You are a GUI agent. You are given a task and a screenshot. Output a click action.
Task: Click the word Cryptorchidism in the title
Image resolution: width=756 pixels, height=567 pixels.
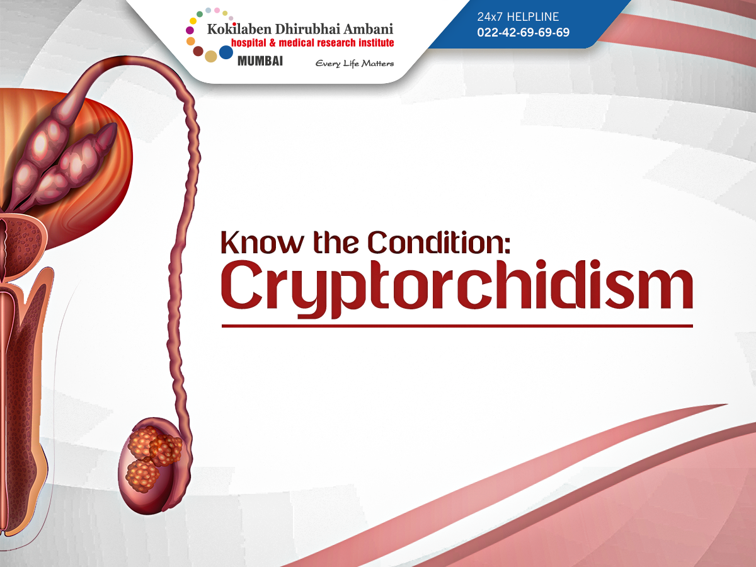[x=457, y=289]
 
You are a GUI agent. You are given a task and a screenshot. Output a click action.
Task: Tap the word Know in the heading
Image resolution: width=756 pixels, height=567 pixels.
[x=262, y=243]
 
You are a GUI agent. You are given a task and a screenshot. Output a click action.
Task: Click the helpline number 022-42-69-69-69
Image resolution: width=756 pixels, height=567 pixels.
[x=523, y=32]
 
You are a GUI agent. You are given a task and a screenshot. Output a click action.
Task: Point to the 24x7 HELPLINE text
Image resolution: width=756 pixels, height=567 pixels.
[x=518, y=16]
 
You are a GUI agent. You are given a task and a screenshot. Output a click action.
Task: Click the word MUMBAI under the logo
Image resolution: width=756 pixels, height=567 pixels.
[x=260, y=61]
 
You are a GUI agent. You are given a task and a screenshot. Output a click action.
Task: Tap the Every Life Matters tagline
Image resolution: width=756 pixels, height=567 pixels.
[x=355, y=64]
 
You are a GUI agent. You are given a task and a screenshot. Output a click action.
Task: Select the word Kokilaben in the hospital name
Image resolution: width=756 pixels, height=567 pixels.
[x=239, y=29]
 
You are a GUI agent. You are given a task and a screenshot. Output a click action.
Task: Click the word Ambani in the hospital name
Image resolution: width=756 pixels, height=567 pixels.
[x=368, y=29]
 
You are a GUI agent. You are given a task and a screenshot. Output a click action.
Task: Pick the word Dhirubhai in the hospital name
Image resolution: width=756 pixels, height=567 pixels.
[x=307, y=29]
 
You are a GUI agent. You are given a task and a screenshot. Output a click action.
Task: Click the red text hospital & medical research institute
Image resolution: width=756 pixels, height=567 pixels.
[x=312, y=43]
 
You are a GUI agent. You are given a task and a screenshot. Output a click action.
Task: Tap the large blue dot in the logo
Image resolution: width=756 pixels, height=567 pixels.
[x=226, y=52]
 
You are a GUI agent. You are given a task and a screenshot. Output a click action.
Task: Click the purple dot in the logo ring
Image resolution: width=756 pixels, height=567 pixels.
[x=190, y=30]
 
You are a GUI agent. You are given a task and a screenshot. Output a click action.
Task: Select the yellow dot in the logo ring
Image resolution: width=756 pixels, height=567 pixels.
[x=193, y=21]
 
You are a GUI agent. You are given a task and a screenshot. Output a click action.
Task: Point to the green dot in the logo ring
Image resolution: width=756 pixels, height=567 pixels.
[x=200, y=14]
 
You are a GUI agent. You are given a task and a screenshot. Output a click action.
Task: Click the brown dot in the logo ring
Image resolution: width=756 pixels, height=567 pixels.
[x=198, y=51]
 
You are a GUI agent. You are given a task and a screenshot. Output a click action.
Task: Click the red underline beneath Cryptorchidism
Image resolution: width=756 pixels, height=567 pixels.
[x=457, y=326]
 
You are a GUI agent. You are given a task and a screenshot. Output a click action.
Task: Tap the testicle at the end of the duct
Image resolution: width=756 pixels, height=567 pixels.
[x=154, y=466]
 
